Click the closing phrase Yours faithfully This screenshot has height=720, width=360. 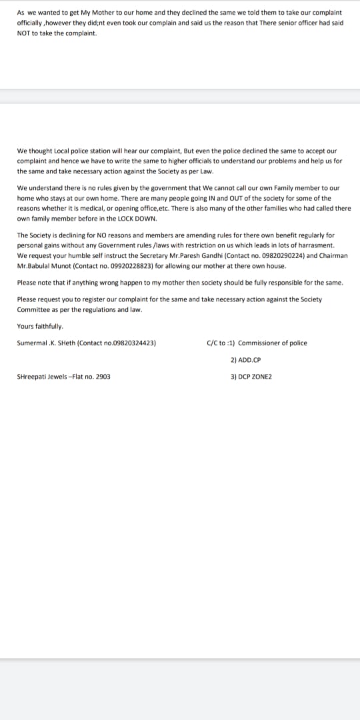[x=40, y=326]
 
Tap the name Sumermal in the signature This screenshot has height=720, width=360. [x=31, y=343]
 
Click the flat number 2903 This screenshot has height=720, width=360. [x=103, y=377]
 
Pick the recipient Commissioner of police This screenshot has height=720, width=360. [x=273, y=343]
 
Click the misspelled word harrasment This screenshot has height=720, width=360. [x=313, y=245]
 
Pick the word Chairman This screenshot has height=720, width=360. [x=332, y=255]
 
